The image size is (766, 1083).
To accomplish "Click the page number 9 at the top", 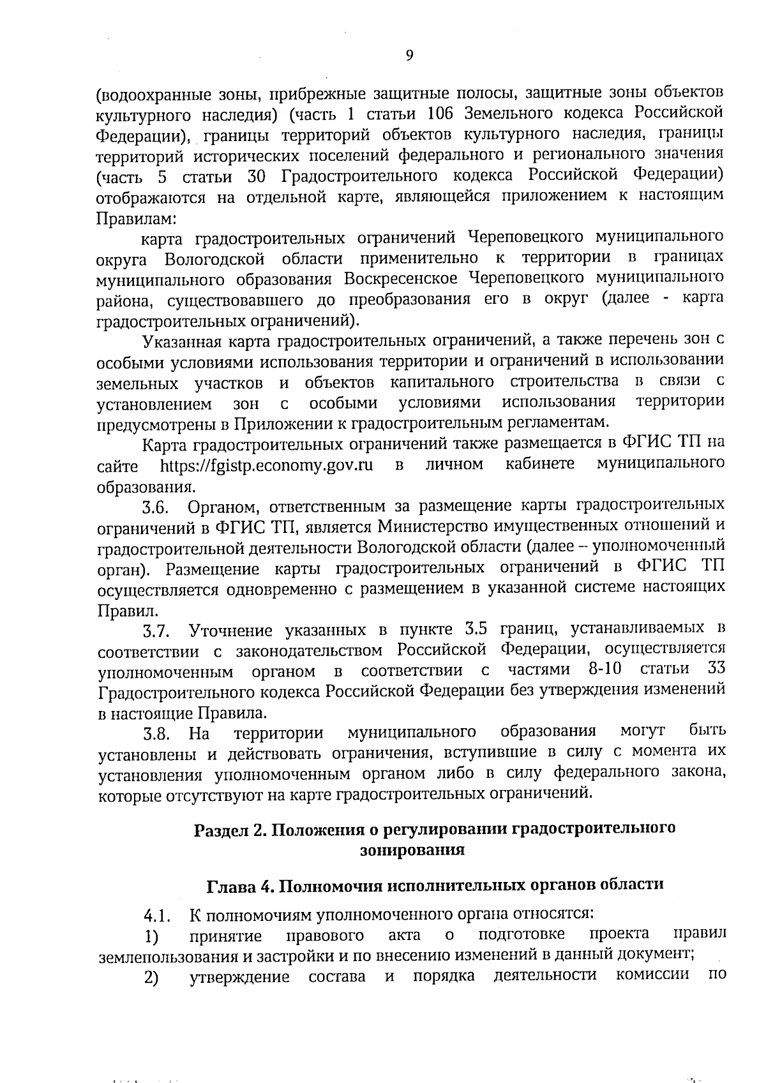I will (x=409, y=56).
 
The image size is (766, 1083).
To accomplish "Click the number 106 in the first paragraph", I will (x=441, y=114).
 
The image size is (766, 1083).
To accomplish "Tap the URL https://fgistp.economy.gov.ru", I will (x=266, y=465).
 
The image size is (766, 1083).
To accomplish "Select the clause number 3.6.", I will (x=155, y=508).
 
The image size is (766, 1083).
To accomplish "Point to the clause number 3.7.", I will (x=155, y=632).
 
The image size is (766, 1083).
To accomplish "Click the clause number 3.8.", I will (x=156, y=735).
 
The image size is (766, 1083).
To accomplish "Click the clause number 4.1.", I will (x=156, y=918).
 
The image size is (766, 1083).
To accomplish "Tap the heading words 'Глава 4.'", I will (x=241, y=886).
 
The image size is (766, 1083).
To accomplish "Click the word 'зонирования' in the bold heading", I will (x=412, y=851).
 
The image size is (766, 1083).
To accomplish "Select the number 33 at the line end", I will (x=715, y=669).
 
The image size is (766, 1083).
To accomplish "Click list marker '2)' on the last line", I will (x=151, y=978).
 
